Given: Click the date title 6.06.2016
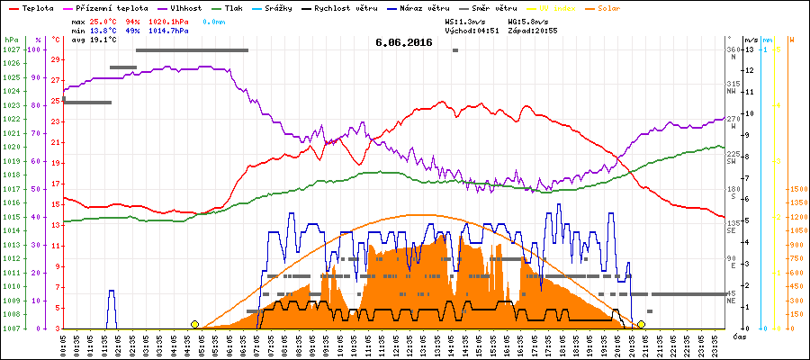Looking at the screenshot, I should (404, 42).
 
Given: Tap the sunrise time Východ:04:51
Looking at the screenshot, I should (474, 30).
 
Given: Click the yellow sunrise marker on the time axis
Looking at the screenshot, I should (194, 324).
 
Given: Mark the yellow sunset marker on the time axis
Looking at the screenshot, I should (641, 324).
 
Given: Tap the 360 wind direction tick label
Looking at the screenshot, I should (733, 49).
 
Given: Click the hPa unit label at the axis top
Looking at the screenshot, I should (11, 40).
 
